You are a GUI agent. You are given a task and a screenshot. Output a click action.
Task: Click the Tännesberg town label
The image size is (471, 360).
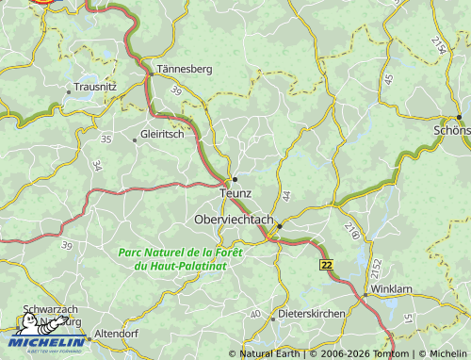(185, 69)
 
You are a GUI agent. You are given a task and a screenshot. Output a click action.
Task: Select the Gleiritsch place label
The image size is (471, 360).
(161, 134)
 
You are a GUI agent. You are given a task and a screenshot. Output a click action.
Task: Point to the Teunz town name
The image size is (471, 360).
(235, 193)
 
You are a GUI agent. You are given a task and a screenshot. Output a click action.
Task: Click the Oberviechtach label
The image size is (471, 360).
(233, 219)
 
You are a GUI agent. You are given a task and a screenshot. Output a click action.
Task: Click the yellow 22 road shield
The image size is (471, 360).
(326, 267)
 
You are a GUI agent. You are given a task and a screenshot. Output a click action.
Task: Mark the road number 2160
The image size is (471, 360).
(350, 228)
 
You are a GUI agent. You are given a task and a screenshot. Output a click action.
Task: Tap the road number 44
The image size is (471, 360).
(286, 195)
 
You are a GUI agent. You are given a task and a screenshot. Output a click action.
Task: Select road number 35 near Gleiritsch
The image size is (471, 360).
(106, 139)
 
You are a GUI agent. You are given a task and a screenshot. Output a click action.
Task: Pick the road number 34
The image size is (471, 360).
(98, 166)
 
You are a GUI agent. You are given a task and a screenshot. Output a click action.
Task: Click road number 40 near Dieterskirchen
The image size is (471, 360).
(255, 313)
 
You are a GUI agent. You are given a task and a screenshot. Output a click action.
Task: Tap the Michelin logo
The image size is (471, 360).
(47, 340)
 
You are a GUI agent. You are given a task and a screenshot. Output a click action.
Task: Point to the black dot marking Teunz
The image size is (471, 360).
(235, 178)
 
